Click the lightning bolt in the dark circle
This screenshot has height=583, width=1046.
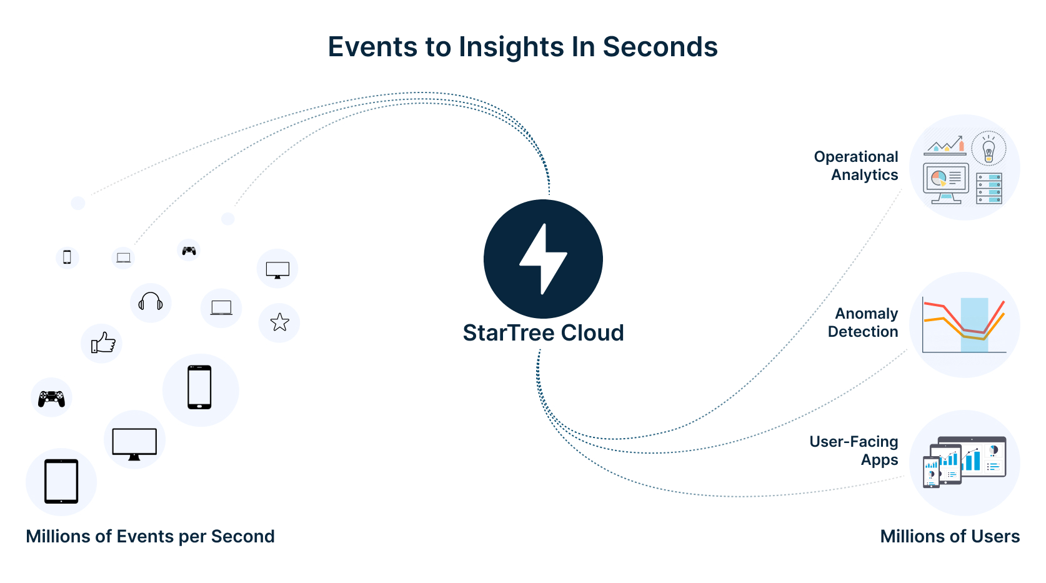tap(543, 259)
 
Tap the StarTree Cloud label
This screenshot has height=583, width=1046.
tap(543, 333)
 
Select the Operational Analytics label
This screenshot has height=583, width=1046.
tap(856, 166)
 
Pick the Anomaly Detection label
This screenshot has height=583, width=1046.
tap(863, 322)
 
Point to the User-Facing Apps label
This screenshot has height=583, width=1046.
tap(854, 451)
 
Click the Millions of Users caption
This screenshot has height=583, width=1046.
tap(950, 537)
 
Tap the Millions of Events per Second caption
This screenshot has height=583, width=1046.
tap(150, 537)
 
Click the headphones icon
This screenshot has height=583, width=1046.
tap(151, 302)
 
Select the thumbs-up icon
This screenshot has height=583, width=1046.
tap(103, 343)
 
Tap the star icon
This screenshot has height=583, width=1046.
tap(279, 322)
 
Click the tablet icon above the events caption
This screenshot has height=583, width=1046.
tap(61, 481)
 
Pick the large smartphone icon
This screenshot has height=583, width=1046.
tap(199, 387)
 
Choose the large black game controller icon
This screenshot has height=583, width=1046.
tap(51, 398)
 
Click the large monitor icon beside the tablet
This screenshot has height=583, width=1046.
tap(134, 444)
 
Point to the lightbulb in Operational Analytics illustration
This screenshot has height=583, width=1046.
tap(989, 151)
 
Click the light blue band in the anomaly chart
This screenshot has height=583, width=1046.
tap(974, 325)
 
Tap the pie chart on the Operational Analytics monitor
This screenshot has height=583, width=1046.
tap(939, 179)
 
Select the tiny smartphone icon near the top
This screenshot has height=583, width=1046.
tap(67, 257)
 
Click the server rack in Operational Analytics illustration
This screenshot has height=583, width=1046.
tap(989, 188)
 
